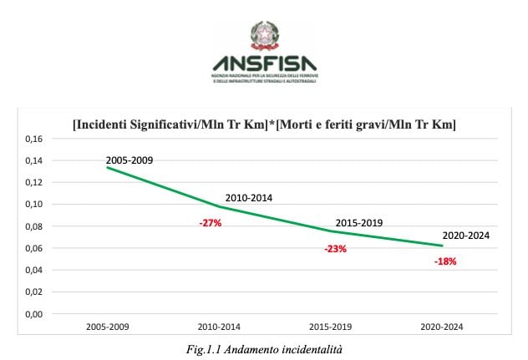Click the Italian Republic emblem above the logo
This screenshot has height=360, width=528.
click(265, 35)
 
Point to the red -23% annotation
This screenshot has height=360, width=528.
click(337, 248)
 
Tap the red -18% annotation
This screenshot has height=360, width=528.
click(445, 261)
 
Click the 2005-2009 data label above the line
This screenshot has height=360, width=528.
click(129, 159)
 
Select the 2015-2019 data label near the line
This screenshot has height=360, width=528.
click(358, 223)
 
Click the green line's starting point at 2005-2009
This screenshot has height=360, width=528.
click(109, 168)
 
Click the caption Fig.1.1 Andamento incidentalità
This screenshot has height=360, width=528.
click(265, 350)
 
